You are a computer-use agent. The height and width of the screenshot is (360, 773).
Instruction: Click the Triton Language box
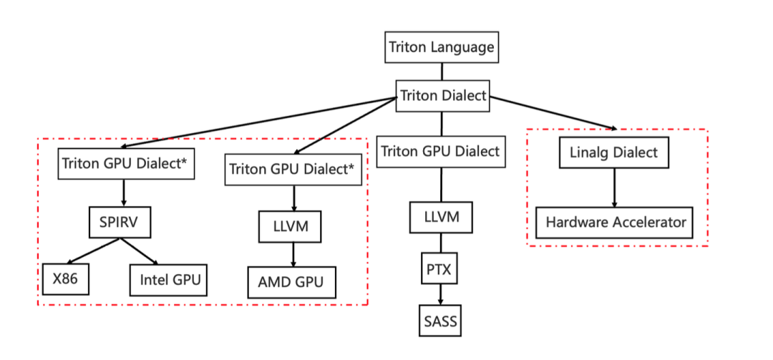(441, 48)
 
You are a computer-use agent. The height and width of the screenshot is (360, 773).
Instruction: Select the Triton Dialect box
(443, 96)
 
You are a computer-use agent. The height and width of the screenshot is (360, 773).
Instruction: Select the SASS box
(439, 320)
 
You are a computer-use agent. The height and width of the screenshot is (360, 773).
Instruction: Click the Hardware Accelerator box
(615, 222)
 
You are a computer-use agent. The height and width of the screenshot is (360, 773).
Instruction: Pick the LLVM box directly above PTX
(441, 216)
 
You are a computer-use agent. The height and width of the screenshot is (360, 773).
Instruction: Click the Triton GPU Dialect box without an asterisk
(440, 152)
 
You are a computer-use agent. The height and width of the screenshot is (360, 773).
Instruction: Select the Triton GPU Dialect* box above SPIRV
(125, 163)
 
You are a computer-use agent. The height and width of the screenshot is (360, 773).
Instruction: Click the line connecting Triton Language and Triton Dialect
(442, 71)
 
